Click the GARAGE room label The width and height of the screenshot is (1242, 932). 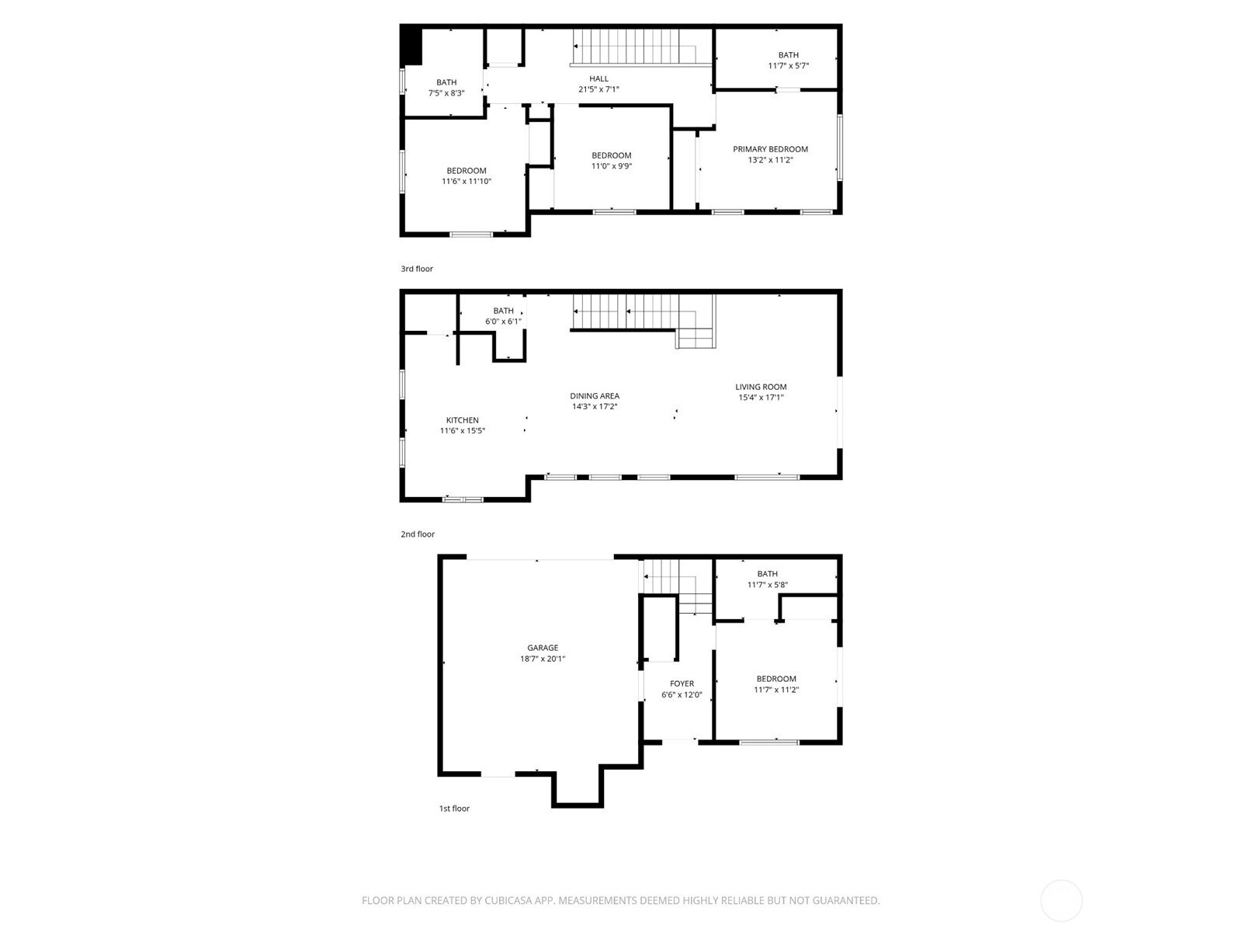coord(543,648)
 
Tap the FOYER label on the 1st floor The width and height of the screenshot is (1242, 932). coord(682,683)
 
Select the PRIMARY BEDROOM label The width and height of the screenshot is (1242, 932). coord(770,149)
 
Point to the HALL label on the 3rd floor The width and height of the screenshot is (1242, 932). coord(598,78)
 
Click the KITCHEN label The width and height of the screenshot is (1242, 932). coord(463,420)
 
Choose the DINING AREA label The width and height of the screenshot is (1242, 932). coord(595,395)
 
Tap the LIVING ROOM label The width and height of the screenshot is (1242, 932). coord(761,387)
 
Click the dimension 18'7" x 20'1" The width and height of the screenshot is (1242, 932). coord(543,658)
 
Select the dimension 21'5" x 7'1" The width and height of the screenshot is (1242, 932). coord(598,89)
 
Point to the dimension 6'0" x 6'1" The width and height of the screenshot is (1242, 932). coord(503,321)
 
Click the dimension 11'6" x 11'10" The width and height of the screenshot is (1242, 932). coord(467,181)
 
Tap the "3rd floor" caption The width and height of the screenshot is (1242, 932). coord(417,269)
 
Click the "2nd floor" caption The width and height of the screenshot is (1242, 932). coord(418,534)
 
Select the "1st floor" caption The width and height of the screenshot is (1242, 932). coord(454,808)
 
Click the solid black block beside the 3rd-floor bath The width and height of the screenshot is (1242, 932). coord(411,46)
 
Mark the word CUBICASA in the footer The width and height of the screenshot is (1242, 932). coord(508,900)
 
